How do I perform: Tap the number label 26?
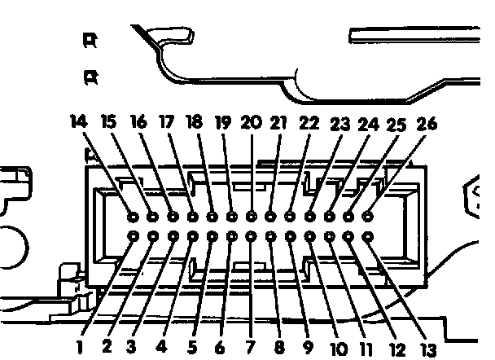[427, 124]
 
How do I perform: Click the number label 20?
[251, 122]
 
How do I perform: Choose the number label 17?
[166, 122]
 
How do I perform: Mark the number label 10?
[339, 348]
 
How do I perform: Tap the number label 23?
[339, 125]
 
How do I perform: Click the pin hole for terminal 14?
[134, 217]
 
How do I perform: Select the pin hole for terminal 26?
[368, 217]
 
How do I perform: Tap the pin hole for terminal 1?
[134, 237]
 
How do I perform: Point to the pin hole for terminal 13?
[368, 237]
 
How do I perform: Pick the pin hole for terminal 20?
[251, 217]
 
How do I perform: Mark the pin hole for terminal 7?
[251, 237]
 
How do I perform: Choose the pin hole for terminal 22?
[290, 217]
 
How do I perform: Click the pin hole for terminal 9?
[290, 237]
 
